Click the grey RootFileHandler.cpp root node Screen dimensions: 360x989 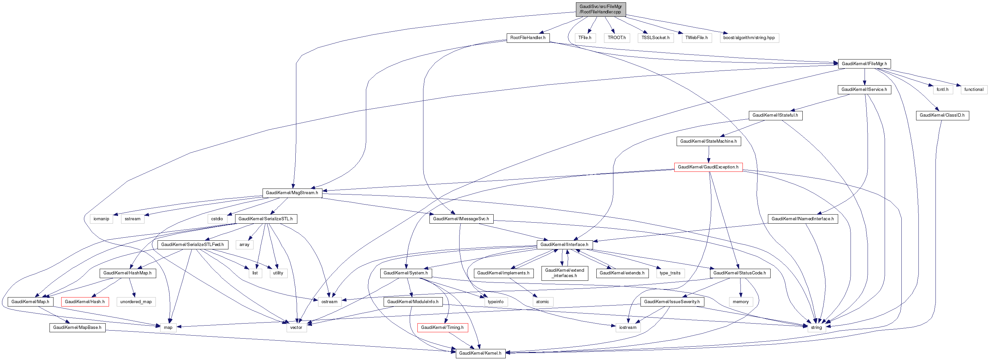click(x=600, y=9)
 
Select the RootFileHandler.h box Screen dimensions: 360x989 click(x=528, y=38)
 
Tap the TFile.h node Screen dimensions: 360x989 click(x=585, y=38)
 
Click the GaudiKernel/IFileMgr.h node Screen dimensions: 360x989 click(x=864, y=64)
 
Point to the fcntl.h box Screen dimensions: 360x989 click(x=942, y=90)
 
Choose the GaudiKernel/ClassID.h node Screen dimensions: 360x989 click(x=942, y=115)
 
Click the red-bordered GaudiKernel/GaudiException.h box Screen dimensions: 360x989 click(x=708, y=167)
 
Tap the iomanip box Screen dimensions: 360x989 click(x=101, y=219)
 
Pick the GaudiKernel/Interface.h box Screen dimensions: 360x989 click(x=564, y=244)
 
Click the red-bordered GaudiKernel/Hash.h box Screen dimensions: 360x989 click(x=85, y=302)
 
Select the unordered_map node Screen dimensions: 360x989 click(x=136, y=302)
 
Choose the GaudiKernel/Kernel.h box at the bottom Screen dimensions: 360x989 click(x=480, y=353)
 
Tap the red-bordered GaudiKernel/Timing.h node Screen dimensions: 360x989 click(x=442, y=327)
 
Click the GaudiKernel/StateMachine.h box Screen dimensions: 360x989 click(x=708, y=141)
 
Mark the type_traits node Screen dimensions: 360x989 click(x=670, y=273)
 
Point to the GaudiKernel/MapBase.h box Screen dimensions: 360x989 click(x=77, y=327)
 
